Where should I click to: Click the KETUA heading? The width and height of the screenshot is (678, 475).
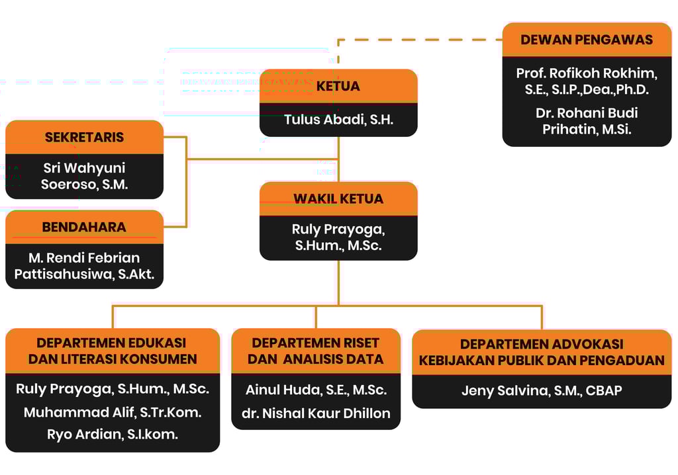[x=338, y=86]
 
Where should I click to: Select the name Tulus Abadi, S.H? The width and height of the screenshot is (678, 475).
[x=338, y=120]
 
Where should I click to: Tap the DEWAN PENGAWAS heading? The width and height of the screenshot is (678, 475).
[x=587, y=40]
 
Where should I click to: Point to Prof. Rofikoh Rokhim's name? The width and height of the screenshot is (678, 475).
[x=587, y=81]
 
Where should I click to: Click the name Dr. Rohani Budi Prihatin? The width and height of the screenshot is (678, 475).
[x=587, y=121]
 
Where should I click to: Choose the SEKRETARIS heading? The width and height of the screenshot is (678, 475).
[x=84, y=138]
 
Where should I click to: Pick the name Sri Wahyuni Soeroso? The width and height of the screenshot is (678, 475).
[x=84, y=177]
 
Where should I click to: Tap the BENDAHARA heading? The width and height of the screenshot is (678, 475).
[x=84, y=227]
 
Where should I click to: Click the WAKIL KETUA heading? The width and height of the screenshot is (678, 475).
[x=338, y=198]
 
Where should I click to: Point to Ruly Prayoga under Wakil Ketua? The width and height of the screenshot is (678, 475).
[x=338, y=237]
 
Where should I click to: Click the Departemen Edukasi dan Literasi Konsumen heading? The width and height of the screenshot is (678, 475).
[x=113, y=351]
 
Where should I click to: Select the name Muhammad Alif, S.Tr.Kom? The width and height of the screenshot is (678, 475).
[x=113, y=412]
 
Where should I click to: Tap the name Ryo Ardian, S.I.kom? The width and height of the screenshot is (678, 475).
[x=113, y=435]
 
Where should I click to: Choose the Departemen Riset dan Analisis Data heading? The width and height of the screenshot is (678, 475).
[x=316, y=351]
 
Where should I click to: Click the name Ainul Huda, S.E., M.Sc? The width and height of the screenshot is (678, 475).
[x=316, y=390]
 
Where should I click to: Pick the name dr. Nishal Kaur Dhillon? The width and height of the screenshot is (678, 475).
[x=316, y=413]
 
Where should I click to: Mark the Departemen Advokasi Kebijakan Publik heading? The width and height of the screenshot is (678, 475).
[x=542, y=352]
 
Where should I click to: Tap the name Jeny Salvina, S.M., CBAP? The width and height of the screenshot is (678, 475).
[x=542, y=390]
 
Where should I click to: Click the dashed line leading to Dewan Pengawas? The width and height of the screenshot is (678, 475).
[x=424, y=40]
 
